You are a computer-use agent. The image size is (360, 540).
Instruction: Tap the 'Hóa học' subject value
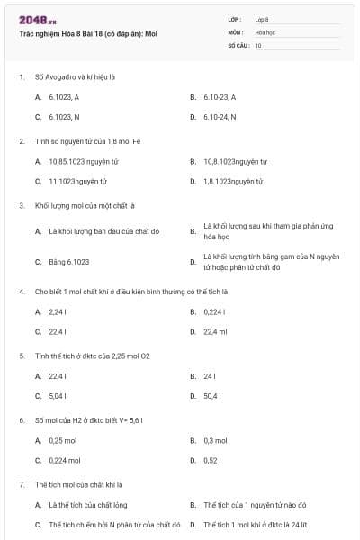(x=265, y=31)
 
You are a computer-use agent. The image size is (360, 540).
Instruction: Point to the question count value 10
(x=258, y=45)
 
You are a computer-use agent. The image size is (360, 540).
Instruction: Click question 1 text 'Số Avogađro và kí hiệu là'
(x=73, y=76)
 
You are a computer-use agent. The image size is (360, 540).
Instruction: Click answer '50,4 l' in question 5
(x=213, y=395)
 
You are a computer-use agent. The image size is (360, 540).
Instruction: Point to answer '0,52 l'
(x=212, y=460)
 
